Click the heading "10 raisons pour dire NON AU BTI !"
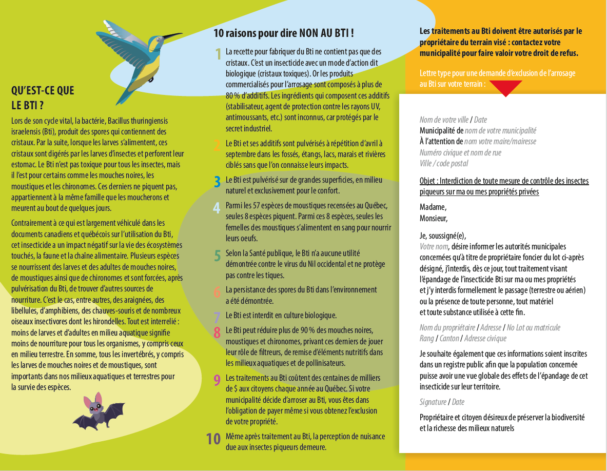[x=284, y=34]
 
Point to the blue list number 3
[x=218, y=181]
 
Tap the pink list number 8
[x=218, y=331]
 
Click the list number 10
[x=213, y=439]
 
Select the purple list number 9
[x=218, y=380]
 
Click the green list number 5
[x=218, y=255]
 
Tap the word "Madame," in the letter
[x=433, y=207]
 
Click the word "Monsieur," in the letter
[x=434, y=218]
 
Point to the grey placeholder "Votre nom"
[x=434, y=246]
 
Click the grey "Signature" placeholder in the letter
[x=433, y=402]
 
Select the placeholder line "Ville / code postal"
[x=444, y=164]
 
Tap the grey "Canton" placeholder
[x=449, y=338]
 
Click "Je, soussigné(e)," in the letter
[x=442, y=235]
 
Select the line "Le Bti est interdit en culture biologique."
[x=281, y=316]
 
